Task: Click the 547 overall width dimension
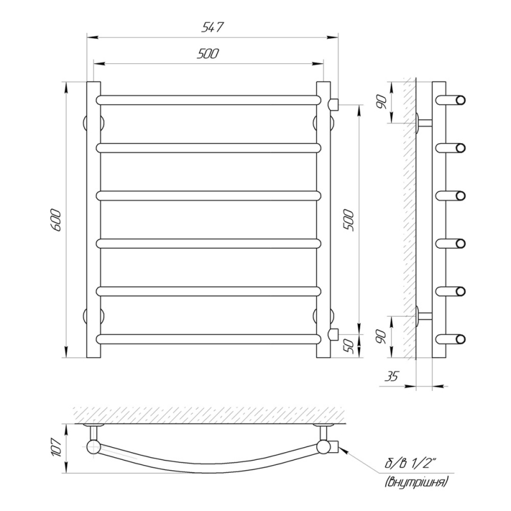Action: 212,27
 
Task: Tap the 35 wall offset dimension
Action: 392,376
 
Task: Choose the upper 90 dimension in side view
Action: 381,103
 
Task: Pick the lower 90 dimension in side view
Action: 381,337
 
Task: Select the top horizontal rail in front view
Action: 209,100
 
